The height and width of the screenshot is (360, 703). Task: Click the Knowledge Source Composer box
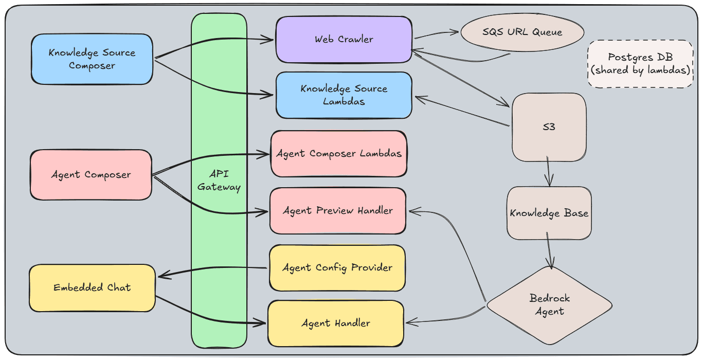click(x=92, y=59)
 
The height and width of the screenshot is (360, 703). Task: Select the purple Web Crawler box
click(x=344, y=39)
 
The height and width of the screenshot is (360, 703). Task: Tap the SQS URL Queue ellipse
click(x=522, y=32)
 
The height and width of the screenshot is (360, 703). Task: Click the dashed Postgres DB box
click(x=640, y=64)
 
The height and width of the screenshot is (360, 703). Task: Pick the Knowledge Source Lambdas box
click(x=344, y=95)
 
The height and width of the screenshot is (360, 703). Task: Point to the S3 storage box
click(x=549, y=127)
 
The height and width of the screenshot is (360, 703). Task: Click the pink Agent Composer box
click(x=91, y=175)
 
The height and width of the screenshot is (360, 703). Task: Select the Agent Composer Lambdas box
click(x=339, y=154)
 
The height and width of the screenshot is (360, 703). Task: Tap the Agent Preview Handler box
click(x=338, y=210)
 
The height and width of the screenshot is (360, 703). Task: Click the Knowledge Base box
click(x=549, y=213)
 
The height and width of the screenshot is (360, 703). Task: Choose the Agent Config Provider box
click(x=337, y=267)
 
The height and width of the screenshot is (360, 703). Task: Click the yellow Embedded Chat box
click(x=92, y=287)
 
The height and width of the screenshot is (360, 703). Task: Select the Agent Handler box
click(x=335, y=323)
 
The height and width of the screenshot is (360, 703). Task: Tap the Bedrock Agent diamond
click(x=549, y=305)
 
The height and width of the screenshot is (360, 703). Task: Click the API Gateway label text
click(x=219, y=181)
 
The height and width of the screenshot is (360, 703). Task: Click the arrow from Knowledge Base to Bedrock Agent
click(x=550, y=252)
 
